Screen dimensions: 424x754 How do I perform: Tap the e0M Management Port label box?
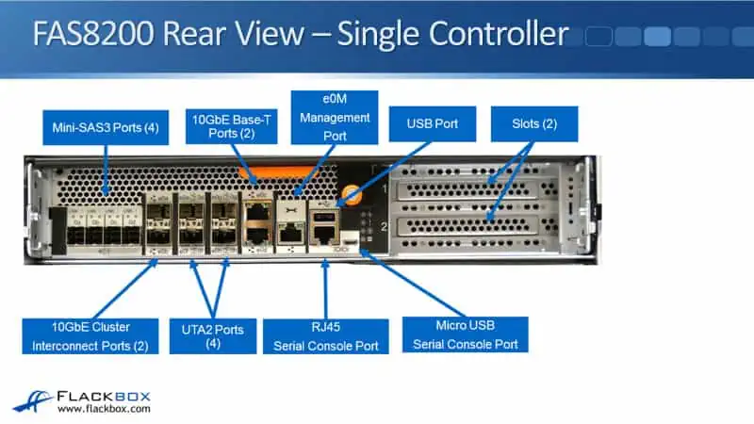335,117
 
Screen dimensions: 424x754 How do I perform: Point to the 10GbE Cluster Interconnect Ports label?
87,335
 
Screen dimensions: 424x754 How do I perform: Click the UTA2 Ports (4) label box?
212,336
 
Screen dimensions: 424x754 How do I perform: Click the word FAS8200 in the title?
91,34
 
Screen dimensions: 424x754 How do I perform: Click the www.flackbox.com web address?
104,409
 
